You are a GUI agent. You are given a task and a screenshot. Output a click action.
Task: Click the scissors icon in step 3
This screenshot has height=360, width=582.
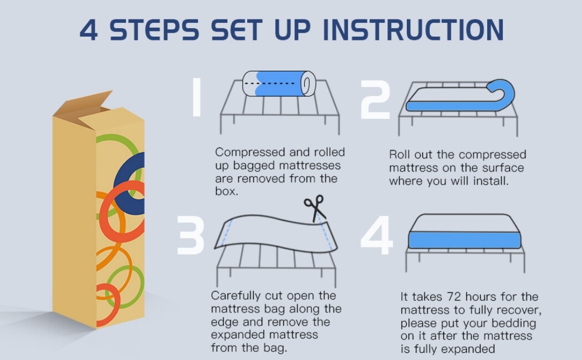coord(315,208)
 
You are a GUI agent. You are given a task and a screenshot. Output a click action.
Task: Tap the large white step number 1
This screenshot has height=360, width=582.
coord(197,97)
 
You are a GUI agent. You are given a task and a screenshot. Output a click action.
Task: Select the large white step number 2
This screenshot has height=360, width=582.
coord(375,99)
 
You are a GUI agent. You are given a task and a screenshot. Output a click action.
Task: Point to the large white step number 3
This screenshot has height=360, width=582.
coord(191,236)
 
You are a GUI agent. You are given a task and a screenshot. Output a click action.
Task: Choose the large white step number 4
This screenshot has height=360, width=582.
coord(377,236)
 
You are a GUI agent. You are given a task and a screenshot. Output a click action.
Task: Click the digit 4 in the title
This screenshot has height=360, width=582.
coord(89,30)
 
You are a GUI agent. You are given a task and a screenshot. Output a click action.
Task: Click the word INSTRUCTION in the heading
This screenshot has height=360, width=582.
coord(413,30)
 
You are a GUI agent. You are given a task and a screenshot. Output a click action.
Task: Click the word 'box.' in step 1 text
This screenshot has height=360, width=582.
coord(226,191)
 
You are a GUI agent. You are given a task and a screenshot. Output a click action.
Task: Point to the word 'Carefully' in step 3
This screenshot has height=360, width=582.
coord(236,296)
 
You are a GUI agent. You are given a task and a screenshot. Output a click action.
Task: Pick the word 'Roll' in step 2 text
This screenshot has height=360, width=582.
coord(399,155)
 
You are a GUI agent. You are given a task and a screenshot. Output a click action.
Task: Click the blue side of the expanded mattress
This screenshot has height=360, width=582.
coord(464,240)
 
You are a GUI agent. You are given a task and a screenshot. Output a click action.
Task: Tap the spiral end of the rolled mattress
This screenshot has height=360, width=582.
coord(308,84)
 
